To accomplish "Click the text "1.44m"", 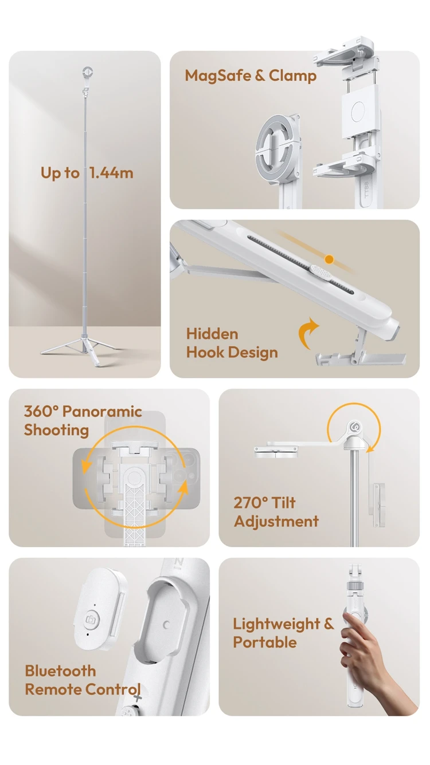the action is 111,173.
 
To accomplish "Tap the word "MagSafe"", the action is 218,76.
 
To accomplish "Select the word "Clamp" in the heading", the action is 292,76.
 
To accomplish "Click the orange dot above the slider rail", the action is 329,259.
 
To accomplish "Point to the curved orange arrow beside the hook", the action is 308,333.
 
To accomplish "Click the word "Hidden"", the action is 212,334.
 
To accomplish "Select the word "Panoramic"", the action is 102,411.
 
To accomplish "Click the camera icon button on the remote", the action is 91,619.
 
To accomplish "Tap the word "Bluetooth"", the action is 60,671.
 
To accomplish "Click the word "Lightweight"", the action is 276,624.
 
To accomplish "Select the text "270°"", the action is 251,503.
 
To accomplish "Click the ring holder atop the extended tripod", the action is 88,72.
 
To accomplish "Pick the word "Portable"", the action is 265,642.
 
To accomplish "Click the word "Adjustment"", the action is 276,522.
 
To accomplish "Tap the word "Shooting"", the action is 56,431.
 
